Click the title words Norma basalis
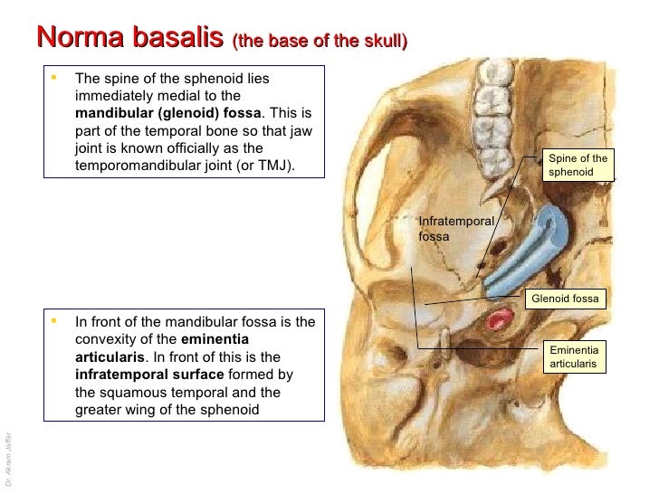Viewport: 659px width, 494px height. (x=129, y=38)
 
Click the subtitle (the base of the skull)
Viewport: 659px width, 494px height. (x=320, y=41)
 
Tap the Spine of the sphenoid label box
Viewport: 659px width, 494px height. (x=578, y=166)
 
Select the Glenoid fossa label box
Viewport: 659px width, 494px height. (x=565, y=299)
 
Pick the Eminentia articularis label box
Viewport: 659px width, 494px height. (x=575, y=356)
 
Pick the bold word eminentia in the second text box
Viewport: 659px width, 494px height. (x=215, y=339)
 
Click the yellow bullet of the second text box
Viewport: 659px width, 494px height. (x=55, y=320)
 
